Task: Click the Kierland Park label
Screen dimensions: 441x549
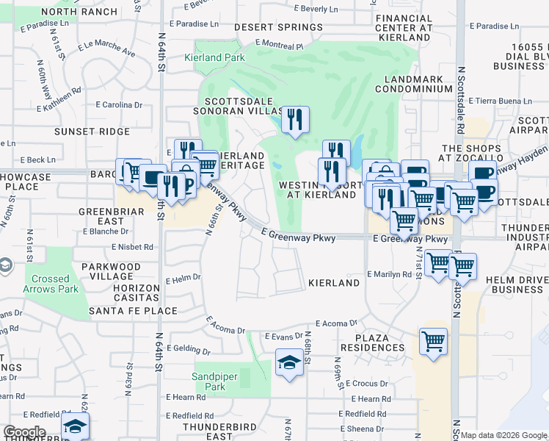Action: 214,57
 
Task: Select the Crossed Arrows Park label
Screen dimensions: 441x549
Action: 51,284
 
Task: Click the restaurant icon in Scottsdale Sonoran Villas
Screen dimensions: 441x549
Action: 295,120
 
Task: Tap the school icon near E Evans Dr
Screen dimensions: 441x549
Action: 290,363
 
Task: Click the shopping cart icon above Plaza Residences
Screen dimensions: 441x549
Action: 434,342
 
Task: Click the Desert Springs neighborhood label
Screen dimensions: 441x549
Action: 278,27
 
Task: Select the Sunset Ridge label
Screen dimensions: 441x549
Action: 92,132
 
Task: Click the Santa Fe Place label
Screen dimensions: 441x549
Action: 133,311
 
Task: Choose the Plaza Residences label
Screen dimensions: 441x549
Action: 372,342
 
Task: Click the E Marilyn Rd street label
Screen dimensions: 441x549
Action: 389,274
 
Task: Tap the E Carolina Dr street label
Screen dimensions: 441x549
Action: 122,105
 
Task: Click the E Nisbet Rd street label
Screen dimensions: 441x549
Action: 133,248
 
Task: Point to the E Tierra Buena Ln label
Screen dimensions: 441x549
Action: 503,101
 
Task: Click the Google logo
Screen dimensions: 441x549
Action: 24,432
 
